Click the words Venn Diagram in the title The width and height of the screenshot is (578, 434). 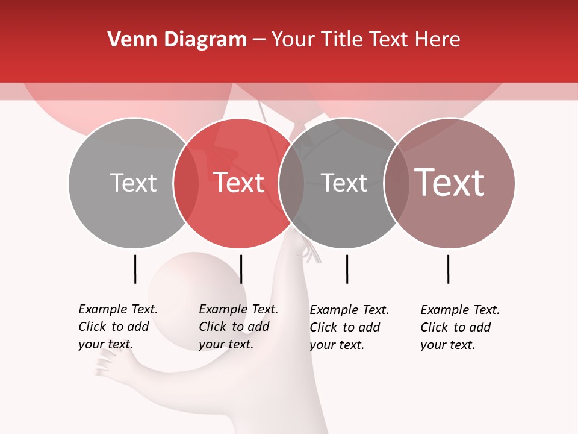[177, 40]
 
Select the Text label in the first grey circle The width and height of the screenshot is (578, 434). [133, 183]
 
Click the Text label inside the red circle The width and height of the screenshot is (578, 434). [238, 183]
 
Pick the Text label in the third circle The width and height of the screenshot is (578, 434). [344, 183]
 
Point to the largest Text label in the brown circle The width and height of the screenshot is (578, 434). [449, 183]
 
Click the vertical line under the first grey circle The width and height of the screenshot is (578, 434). [135, 269]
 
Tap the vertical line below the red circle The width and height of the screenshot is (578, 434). [241, 269]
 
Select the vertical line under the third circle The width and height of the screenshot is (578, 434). [347, 269]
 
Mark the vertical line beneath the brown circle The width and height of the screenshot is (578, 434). [448, 269]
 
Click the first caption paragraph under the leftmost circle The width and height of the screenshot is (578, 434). [118, 327]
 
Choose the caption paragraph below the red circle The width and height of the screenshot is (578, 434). [238, 327]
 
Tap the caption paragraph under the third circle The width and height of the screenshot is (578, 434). [349, 327]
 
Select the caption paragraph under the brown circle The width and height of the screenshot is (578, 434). [460, 327]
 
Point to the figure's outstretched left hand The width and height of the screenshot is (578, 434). [108, 364]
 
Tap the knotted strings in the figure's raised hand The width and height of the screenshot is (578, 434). [309, 252]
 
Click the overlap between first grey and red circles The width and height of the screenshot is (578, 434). [186, 183]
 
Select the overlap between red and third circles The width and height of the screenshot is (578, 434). [291, 183]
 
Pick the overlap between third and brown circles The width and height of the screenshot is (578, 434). [396, 183]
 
